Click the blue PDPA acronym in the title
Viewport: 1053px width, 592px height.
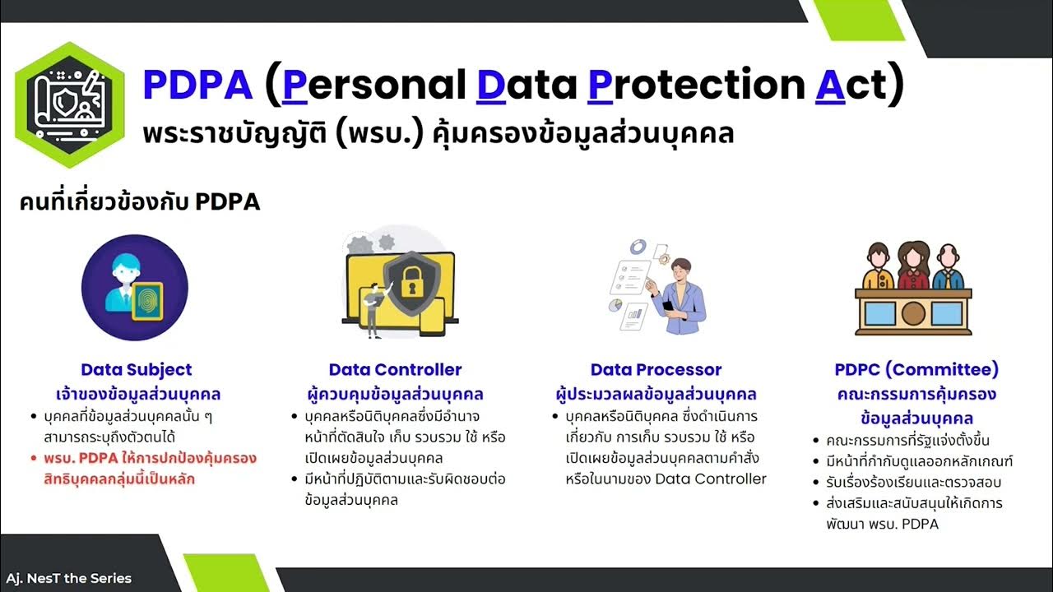198,85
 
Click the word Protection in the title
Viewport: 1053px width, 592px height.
696,85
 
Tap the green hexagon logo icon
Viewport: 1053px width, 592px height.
70,104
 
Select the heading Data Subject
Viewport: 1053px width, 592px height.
137,370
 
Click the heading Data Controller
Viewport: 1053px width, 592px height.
395,370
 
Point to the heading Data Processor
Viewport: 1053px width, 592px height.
656,370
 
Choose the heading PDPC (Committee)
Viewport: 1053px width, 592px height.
916,370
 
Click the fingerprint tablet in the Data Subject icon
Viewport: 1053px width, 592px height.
147,302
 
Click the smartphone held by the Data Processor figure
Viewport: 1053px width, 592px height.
667,306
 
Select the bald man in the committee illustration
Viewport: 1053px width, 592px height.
949,267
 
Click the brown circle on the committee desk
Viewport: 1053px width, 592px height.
913,313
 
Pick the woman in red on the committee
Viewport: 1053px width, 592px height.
913,266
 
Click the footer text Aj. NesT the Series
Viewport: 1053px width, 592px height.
68,578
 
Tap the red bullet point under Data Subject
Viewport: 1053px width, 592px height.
34,459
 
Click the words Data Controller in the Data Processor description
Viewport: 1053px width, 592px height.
710,479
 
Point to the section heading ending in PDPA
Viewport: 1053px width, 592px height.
140,202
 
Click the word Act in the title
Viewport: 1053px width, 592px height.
851,85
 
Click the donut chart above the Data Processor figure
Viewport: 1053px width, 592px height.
638,247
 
